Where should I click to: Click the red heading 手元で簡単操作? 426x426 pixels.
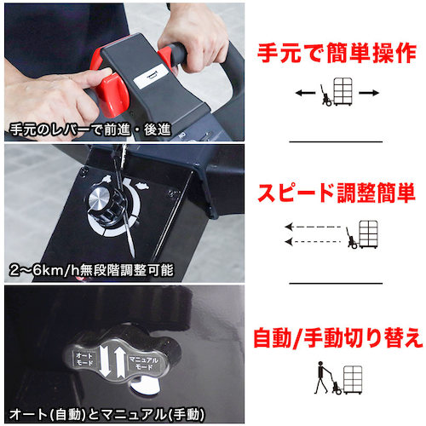click(x=337, y=53)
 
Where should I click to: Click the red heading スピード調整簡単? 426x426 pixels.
click(x=337, y=193)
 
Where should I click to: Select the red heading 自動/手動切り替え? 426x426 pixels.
click(x=338, y=337)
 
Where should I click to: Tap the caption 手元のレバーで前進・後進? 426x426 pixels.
click(x=90, y=130)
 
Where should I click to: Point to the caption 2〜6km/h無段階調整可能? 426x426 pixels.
click(x=91, y=270)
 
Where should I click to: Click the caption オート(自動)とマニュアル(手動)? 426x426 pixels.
click(x=106, y=414)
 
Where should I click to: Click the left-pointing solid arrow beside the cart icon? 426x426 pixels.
click(x=305, y=93)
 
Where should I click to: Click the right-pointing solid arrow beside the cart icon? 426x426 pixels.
click(x=369, y=93)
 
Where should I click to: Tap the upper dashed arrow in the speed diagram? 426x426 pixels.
click(x=313, y=227)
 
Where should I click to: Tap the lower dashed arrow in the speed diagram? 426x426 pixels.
click(x=313, y=242)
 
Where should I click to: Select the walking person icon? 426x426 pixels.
click(x=323, y=377)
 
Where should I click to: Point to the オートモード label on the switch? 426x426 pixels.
click(x=84, y=359)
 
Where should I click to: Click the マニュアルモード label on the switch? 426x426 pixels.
click(x=144, y=363)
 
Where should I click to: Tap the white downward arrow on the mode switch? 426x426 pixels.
click(x=105, y=363)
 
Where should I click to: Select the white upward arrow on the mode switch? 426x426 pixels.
click(x=120, y=363)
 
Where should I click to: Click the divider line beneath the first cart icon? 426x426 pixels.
click(x=336, y=141)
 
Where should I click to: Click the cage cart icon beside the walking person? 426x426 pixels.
click(x=353, y=380)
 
